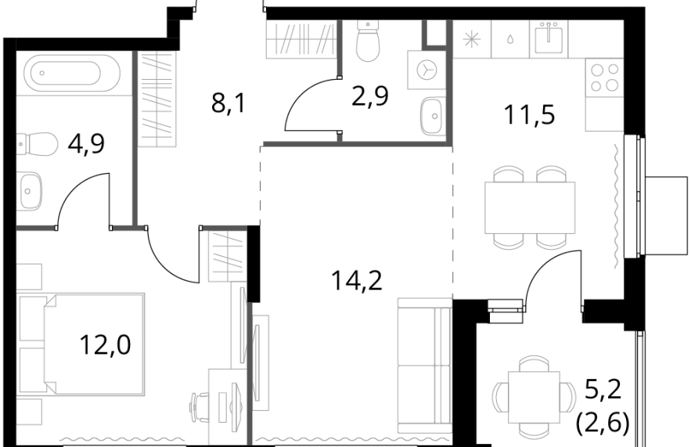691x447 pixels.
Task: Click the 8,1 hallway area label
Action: [x=228, y=104]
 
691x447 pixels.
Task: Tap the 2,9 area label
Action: [x=370, y=96]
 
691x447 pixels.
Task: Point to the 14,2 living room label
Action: [x=357, y=280]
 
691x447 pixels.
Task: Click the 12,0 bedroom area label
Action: [x=106, y=344]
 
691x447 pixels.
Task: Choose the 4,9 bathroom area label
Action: [x=86, y=143]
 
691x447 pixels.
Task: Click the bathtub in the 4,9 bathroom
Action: [x=72, y=73]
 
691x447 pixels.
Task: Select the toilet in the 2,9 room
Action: [x=368, y=41]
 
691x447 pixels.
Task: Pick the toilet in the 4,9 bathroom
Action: [x=38, y=144]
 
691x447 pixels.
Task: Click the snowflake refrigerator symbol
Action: [x=472, y=39]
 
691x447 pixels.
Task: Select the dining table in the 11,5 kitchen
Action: [x=530, y=207]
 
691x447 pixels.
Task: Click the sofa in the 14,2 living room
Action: [x=424, y=366]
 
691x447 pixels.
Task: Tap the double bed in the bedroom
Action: [x=95, y=344]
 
